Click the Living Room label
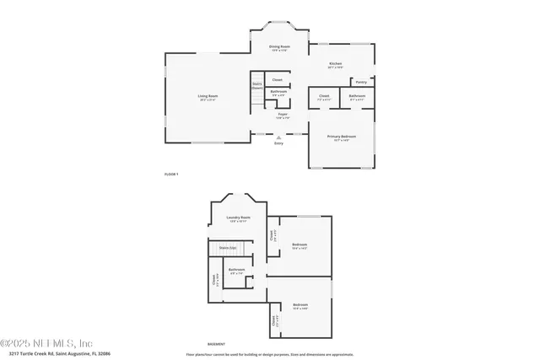208,96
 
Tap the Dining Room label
278,46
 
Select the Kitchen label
335,63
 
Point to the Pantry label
360,83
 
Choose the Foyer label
282,114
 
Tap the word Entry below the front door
278,143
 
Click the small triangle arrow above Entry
278,137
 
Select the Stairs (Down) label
256,86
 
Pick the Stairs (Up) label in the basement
227,248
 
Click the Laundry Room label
239,218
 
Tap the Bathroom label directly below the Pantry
357,96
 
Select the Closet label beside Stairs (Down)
277,80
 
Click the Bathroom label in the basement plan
236,270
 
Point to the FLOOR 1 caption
171,174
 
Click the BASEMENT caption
217,344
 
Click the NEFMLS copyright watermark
58,343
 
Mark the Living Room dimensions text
208,100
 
